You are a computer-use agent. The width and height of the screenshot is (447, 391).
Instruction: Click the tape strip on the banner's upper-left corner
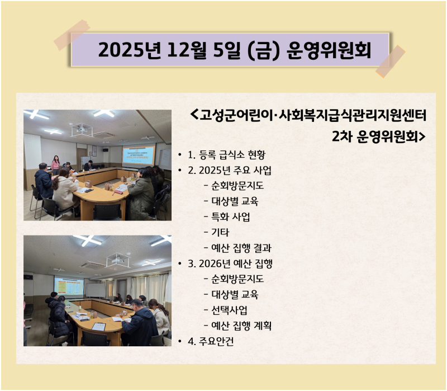pyautogui.click(x=72, y=35)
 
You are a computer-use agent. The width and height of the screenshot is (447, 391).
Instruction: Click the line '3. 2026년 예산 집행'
pyautogui.click(x=230, y=263)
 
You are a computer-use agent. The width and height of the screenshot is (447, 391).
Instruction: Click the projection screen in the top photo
pyautogui.click(x=138, y=155)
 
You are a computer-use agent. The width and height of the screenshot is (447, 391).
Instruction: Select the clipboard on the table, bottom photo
pyautogui.click(x=98, y=326)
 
